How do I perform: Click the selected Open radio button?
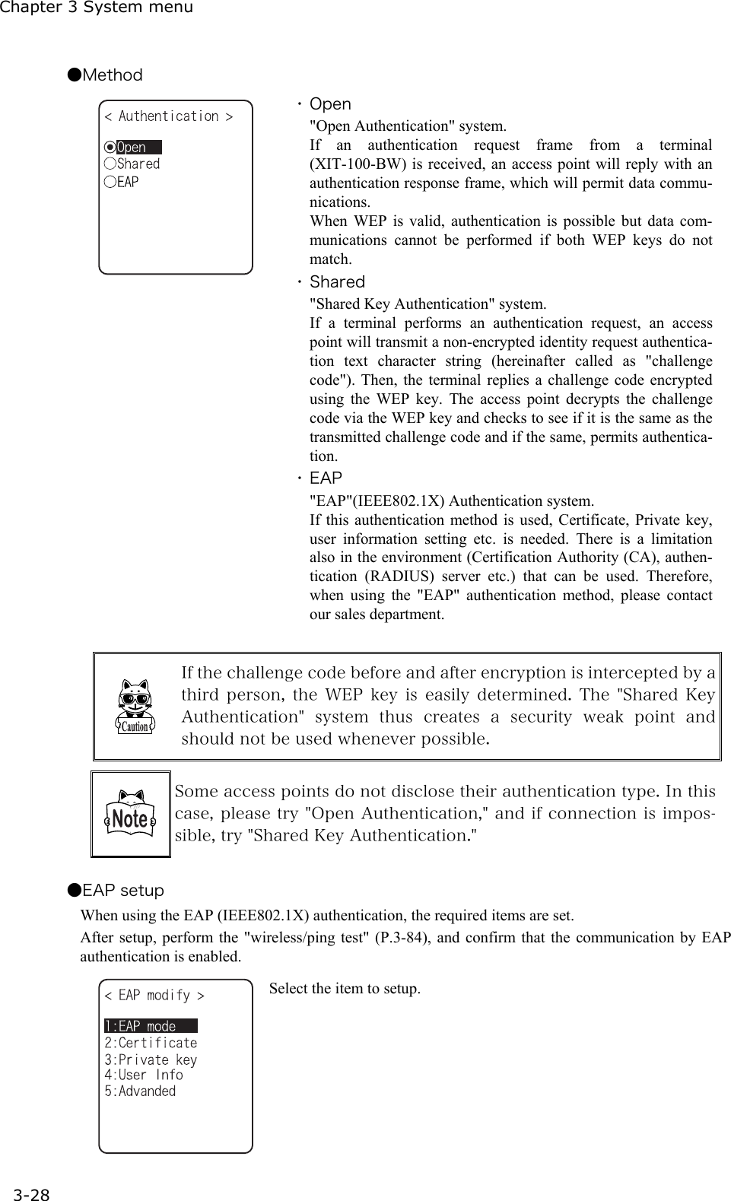coord(111,148)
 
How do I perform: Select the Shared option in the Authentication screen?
coord(133,164)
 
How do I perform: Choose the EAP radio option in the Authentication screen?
coord(122,182)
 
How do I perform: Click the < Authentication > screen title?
coord(168,116)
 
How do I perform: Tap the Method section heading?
coord(105,75)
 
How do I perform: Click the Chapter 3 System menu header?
coord(97,8)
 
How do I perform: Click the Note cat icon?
coord(130,815)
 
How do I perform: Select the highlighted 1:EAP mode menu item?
coord(150,1026)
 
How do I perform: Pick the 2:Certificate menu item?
coord(151,1043)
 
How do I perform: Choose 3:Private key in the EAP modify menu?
coord(151,1060)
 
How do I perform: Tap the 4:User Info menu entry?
coord(144,1075)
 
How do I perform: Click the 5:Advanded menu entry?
coord(140,1091)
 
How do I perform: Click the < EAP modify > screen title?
coord(154,995)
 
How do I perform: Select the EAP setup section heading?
coord(115,890)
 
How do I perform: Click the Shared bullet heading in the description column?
coord(337,282)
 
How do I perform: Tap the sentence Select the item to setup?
coord(345,989)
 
